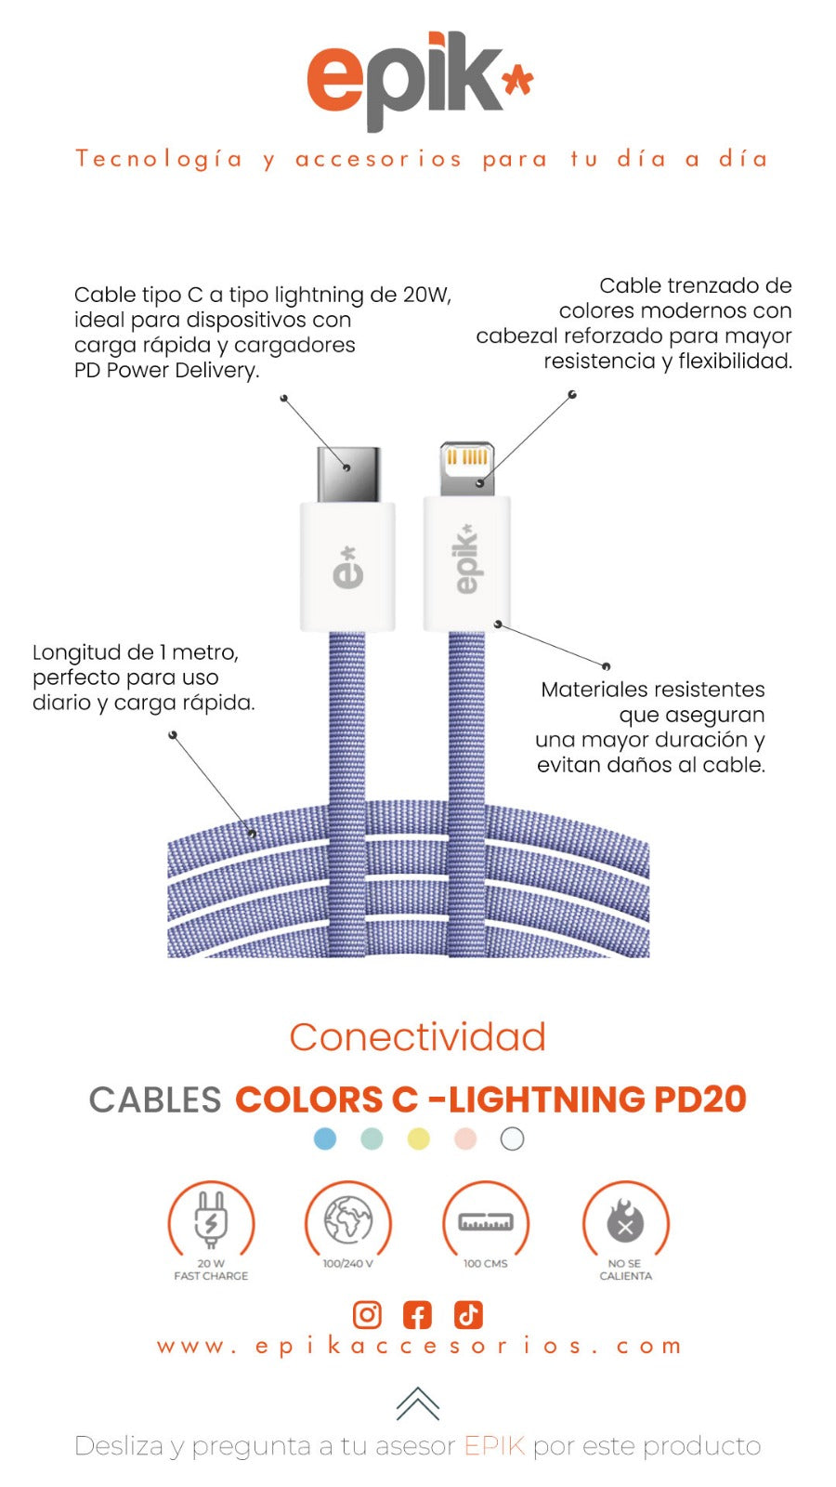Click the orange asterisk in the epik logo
click(517, 82)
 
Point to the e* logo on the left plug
click(347, 567)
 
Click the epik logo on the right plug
click(465, 559)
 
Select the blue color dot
click(325, 1138)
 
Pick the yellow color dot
click(419, 1138)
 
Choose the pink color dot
click(465, 1138)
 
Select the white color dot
click(512, 1138)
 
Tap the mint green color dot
click(372, 1138)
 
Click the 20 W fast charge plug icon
click(211, 1220)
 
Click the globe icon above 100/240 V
click(348, 1220)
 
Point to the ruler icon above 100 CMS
click(486, 1222)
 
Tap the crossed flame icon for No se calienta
click(625, 1222)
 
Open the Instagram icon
click(368, 1315)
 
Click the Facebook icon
click(418, 1315)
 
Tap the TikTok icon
click(468, 1315)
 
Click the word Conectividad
click(418, 1037)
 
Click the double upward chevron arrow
click(418, 1403)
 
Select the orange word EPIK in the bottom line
click(494, 1446)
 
